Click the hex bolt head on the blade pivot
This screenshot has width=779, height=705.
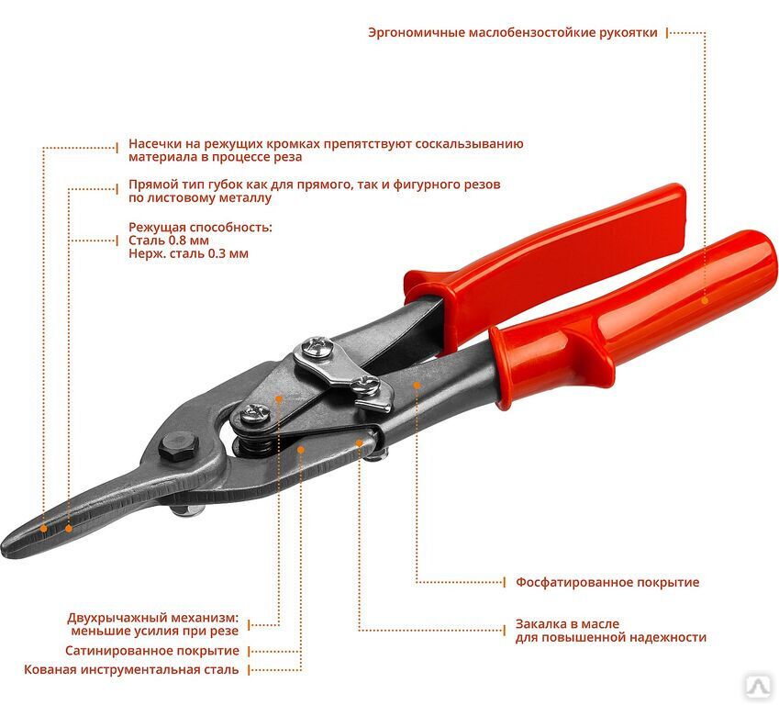pos(178,445)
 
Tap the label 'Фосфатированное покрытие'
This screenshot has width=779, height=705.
pos(607,582)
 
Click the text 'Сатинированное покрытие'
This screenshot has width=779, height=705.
pos(152,651)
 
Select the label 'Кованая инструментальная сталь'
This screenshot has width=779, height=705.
pos(131,670)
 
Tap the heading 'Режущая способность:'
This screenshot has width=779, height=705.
pos(200,228)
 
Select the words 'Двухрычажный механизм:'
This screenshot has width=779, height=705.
pos(152,618)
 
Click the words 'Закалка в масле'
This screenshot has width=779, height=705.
pos(567,624)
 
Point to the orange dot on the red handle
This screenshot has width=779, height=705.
pos(705,300)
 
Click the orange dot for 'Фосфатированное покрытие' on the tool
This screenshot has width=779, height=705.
pos(417,386)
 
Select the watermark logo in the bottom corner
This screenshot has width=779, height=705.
pos(758,686)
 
